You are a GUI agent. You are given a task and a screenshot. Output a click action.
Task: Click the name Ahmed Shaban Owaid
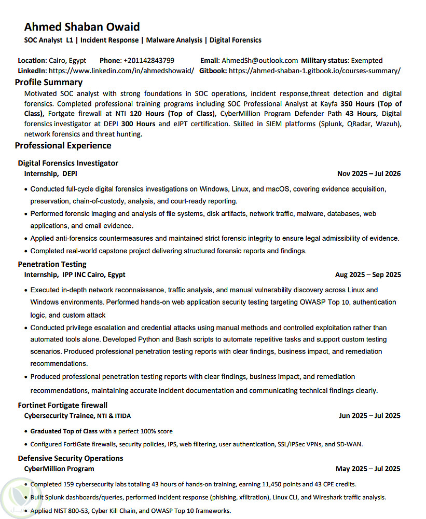coord(82,27)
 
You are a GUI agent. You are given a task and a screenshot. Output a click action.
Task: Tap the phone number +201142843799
coord(148,60)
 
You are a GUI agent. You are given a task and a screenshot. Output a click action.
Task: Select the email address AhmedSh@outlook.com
coord(259,60)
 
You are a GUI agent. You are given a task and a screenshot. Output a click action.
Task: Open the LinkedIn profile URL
coord(121,71)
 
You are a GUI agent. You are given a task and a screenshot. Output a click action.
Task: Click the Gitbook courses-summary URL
coord(314,71)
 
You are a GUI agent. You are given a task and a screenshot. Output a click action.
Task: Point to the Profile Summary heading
coord(49,82)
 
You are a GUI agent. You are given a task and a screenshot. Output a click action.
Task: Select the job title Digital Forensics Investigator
coord(68,163)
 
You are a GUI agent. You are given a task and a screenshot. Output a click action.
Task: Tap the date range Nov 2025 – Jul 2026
coord(368,174)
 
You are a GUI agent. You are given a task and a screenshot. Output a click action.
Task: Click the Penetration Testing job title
coord(52,264)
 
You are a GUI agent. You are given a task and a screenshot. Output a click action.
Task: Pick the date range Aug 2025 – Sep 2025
coord(367,275)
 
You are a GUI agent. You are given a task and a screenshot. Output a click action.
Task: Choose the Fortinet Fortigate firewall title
coord(63,405)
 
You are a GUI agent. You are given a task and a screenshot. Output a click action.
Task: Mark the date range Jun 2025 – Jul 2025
coord(369,416)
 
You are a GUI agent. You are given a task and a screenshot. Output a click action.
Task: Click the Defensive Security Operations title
coord(71,458)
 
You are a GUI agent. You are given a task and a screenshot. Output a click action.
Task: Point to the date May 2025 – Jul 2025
coord(367,469)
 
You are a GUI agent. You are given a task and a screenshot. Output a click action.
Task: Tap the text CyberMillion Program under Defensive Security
coord(59,469)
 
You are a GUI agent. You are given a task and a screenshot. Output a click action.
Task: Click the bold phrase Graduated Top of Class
coord(64,431)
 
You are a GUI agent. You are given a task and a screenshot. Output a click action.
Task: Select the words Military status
coord(324,60)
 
